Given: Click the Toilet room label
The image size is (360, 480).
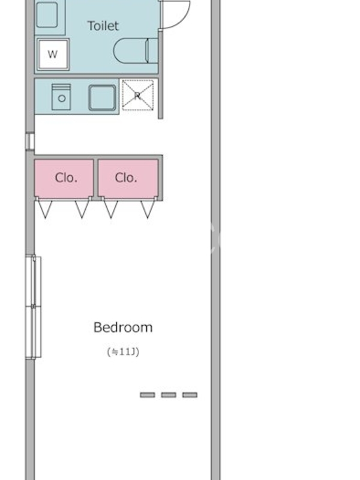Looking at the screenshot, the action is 103,26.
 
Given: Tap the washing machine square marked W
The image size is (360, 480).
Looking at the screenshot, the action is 53,55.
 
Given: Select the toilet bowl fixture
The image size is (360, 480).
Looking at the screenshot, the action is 131,51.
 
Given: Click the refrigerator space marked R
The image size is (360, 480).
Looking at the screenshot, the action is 137,95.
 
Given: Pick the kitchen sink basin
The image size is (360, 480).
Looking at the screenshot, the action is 102,98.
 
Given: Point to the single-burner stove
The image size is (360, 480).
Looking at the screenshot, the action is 61,97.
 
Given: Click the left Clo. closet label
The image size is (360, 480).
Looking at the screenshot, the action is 66,178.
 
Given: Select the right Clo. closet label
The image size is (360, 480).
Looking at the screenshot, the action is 126,178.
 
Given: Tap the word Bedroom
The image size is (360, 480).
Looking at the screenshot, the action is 123,328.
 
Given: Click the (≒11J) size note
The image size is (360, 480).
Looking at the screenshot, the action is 123,352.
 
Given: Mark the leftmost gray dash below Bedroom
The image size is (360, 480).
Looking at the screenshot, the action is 147,395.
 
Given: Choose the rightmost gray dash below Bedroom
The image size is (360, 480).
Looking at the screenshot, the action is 190,395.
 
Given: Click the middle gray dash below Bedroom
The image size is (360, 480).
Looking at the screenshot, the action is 169,395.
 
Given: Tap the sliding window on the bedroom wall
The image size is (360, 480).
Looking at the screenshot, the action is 34,307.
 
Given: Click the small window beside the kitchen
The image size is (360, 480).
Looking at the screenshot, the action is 30,141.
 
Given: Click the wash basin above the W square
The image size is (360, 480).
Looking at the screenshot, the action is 47,14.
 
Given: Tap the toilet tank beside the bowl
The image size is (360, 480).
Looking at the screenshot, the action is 153,51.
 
